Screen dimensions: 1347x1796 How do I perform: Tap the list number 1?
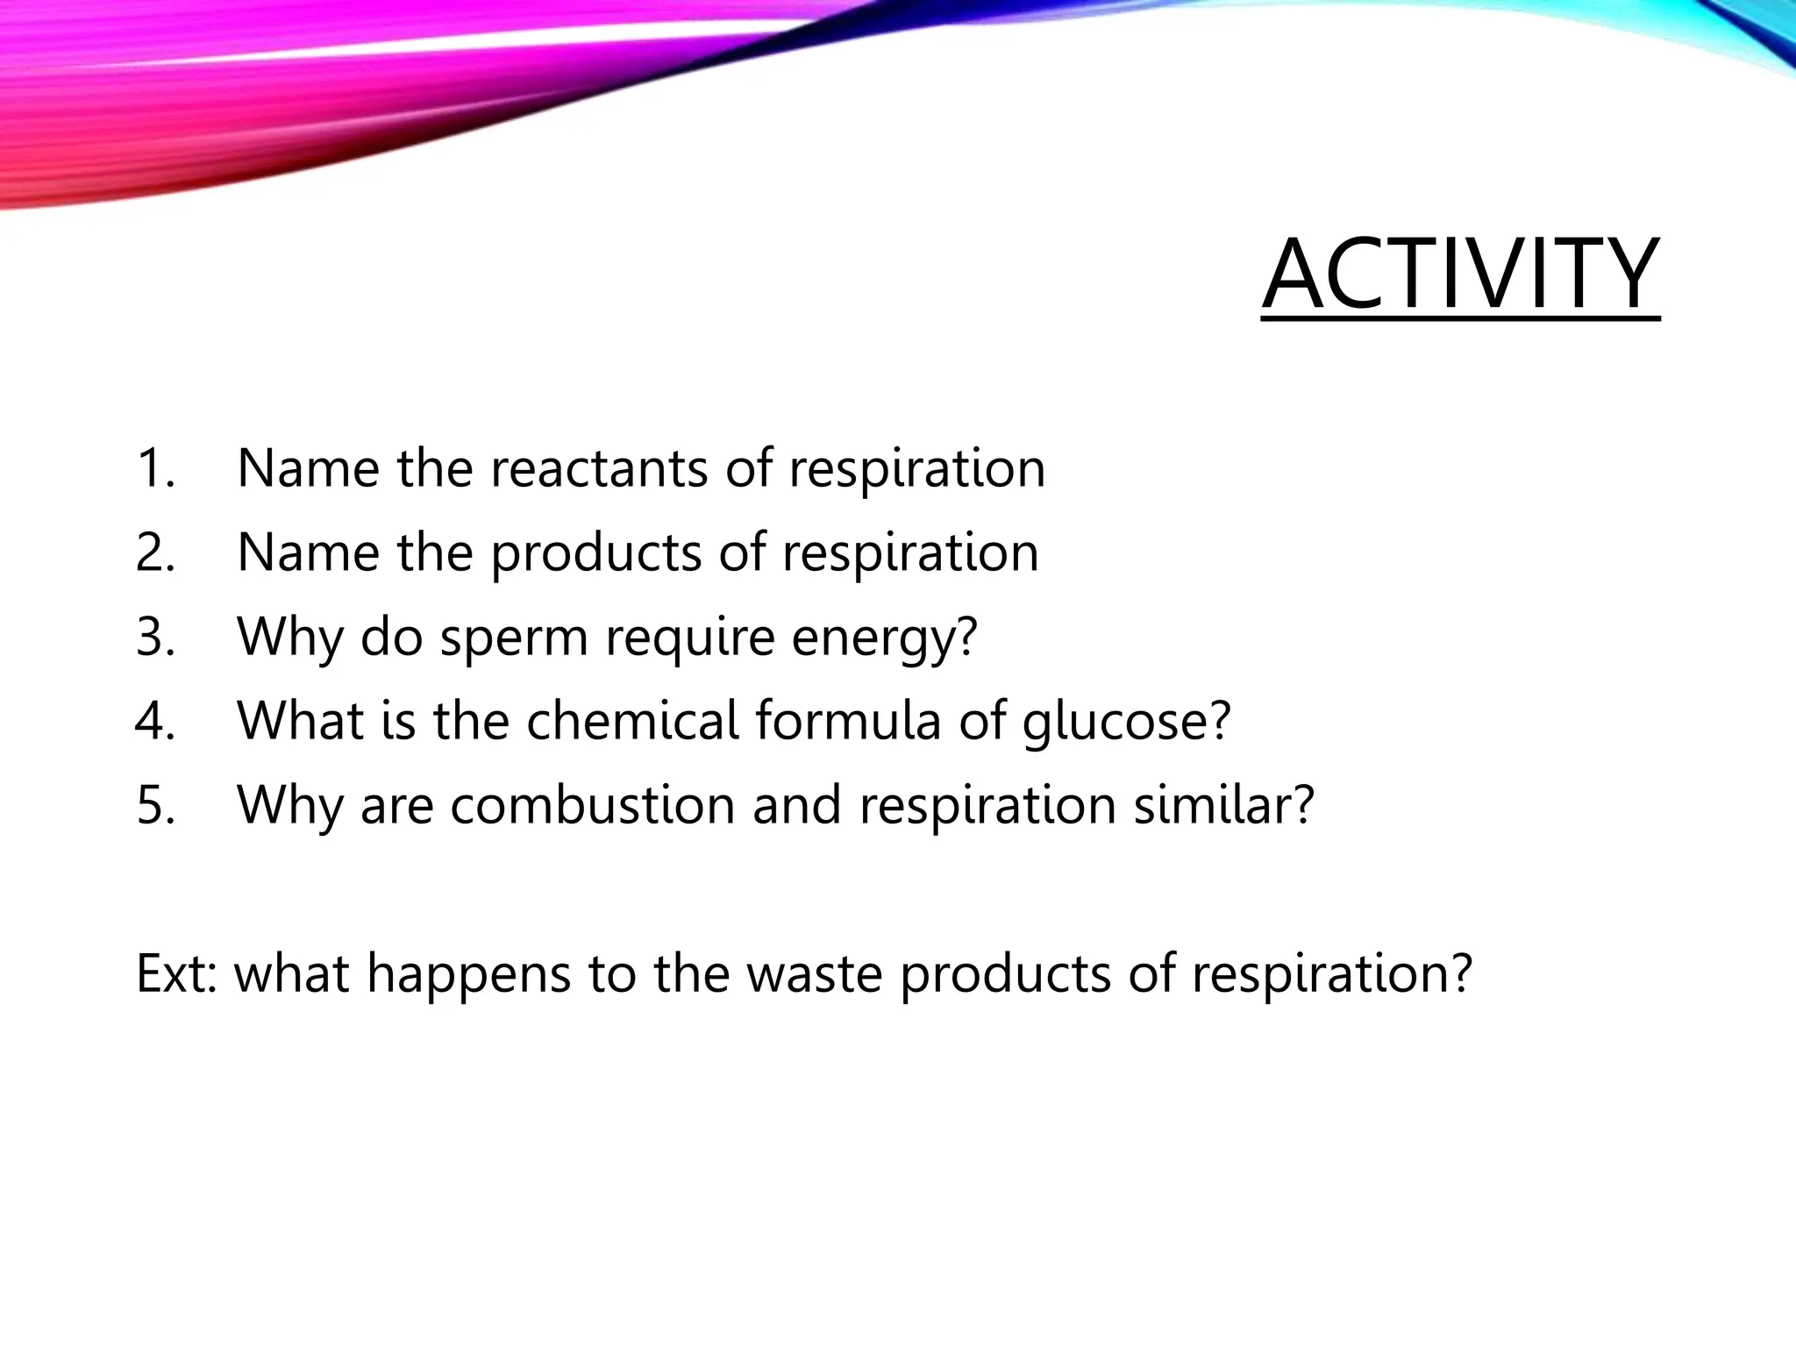coord(155,468)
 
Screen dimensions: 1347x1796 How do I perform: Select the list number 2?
coord(156,552)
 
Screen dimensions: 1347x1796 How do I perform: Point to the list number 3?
coord(156,637)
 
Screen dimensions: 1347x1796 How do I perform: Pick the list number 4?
coord(156,721)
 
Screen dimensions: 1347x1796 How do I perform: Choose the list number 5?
coord(156,805)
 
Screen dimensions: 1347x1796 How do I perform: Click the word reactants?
coord(598,468)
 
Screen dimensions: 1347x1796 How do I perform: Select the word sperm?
coord(514,638)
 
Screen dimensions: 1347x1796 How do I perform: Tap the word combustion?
coord(593,805)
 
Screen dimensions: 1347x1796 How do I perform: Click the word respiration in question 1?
coord(916,470)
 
